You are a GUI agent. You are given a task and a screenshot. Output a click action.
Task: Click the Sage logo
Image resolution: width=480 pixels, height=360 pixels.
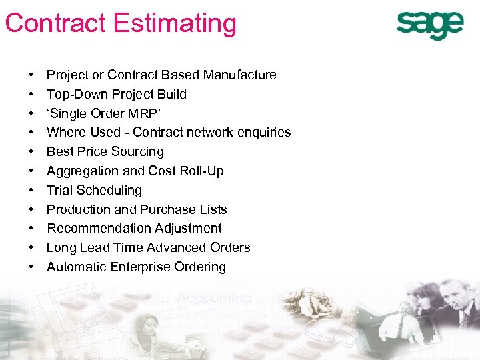click(x=429, y=25)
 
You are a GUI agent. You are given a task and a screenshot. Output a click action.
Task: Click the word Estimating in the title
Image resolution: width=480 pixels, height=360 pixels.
click(x=175, y=23)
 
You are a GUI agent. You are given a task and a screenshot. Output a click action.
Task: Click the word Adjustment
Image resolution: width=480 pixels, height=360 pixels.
click(x=184, y=229)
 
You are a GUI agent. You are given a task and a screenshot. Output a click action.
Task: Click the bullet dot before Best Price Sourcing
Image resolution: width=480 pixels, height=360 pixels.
click(x=31, y=152)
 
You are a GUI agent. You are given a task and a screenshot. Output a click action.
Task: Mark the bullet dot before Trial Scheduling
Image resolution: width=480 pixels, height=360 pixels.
click(x=31, y=191)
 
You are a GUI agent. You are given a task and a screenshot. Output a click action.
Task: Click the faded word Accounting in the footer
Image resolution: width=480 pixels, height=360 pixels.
click(x=214, y=298)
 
